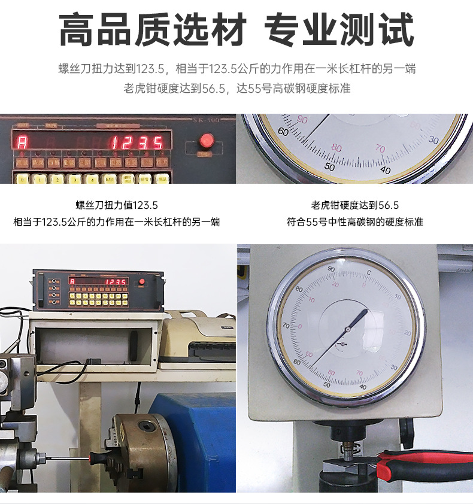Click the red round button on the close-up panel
click(x=207, y=141)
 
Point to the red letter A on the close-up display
click(x=23, y=143)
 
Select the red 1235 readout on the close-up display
click(x=138, y=143)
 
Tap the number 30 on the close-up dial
click(x=433, y=139)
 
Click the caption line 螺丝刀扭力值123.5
click(x=117, y=205)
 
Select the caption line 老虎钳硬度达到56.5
click(x=355, y=205)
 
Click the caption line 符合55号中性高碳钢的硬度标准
click(x=355, y=222)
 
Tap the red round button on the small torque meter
click(x=142, y=282)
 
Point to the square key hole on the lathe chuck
click(x=145, y=426)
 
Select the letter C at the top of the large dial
click(x=368, y=273)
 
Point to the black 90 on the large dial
click(x=331, y=270)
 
